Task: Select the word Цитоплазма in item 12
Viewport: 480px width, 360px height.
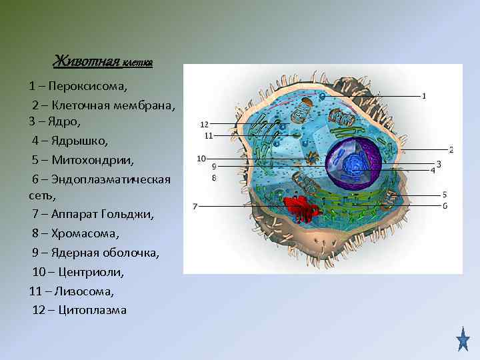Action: pyautogui.click(x=93, y=311)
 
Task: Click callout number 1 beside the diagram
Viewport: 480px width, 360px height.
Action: pyautogui.click(x=425, y=96)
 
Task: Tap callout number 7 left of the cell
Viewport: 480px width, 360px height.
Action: pyautogui.click(x=195, y=207)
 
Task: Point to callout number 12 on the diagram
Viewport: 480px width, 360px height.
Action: pyautogui.click(x=205, y=124)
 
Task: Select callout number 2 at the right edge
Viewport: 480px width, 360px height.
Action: pyautogui.click(x=451, y=150)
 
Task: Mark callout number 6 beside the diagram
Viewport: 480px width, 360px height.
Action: pyautogui.click(x=445, y=206)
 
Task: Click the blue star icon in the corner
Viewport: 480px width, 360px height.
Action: pyautogui.click(x=463, y=339)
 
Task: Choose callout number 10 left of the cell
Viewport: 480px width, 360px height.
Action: pyautogui.click(x=201, y=158)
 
